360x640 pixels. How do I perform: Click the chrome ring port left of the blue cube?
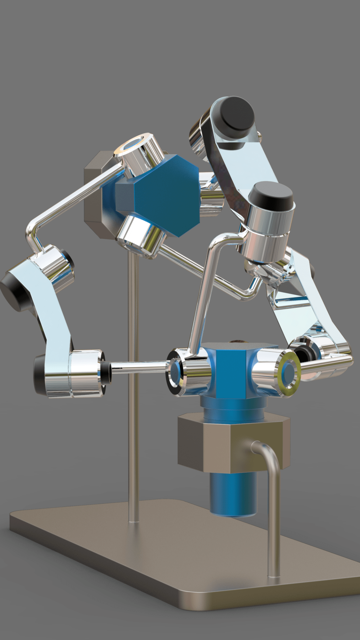[177, 372]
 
